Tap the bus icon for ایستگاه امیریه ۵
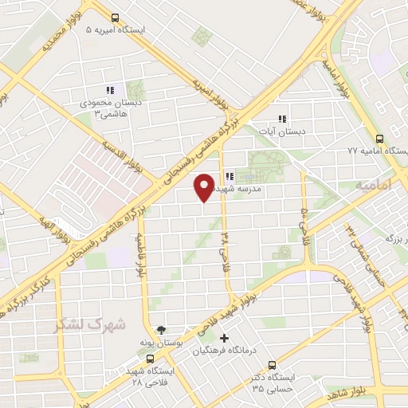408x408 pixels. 116,18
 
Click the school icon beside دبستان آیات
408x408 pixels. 280,119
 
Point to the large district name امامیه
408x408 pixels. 375,185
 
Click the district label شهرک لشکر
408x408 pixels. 89,325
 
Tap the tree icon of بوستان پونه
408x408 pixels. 163,328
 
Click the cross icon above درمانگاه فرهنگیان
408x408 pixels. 225,338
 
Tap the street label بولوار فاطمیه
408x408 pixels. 140,256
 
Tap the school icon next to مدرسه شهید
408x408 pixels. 228,176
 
